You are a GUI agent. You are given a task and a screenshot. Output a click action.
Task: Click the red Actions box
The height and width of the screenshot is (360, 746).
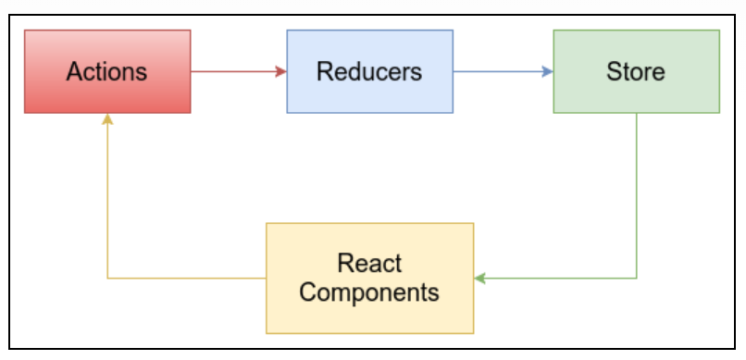107,71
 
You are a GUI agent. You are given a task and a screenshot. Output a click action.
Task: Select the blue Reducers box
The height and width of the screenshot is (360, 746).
369,71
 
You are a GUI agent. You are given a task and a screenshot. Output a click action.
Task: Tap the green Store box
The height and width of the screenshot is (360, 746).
636,71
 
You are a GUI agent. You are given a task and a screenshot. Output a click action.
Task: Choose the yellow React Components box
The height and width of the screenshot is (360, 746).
369,278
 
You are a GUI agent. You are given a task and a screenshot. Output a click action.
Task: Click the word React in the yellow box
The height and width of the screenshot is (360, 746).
369,264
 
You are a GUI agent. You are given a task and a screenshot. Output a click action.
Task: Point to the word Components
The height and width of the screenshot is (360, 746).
369,292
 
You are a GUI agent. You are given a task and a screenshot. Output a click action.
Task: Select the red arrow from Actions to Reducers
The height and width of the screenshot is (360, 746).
236,71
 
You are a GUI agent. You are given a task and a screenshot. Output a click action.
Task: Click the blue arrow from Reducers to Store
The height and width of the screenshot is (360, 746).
500,71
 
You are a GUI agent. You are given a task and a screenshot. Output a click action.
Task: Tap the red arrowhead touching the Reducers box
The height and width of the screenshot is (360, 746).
281,71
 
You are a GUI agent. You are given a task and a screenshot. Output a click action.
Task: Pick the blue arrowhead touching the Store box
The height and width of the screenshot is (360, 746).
548,71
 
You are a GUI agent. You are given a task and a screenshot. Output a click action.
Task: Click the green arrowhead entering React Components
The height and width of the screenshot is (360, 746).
479,278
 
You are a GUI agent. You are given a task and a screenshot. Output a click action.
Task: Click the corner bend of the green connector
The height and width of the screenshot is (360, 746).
636,278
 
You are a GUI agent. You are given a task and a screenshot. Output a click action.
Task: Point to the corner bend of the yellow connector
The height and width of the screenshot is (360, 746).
107,278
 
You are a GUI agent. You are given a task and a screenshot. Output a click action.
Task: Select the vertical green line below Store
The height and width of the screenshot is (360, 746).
636,194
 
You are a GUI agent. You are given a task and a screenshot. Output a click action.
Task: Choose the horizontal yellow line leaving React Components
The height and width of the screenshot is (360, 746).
185,278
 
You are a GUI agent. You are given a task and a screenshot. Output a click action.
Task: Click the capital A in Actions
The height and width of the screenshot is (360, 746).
74,72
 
